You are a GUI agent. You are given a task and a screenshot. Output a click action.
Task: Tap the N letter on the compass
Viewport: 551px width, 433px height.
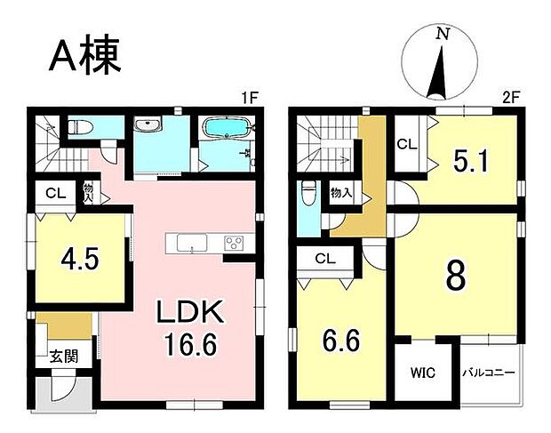pyautogui.click(x=441, y=34)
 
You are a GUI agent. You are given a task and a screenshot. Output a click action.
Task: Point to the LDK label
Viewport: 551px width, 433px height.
pyautogui.click(x=194, y=312)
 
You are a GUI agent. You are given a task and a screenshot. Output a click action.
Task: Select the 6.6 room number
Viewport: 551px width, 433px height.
pyautogui.click(x=342, y=341)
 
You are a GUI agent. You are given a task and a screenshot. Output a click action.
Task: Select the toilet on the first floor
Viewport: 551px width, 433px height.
pyautogui.click(x=76, y=127)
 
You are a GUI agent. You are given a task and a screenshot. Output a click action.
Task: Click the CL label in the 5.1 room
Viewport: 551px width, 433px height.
pyautogui.click(x=407, y=143)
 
